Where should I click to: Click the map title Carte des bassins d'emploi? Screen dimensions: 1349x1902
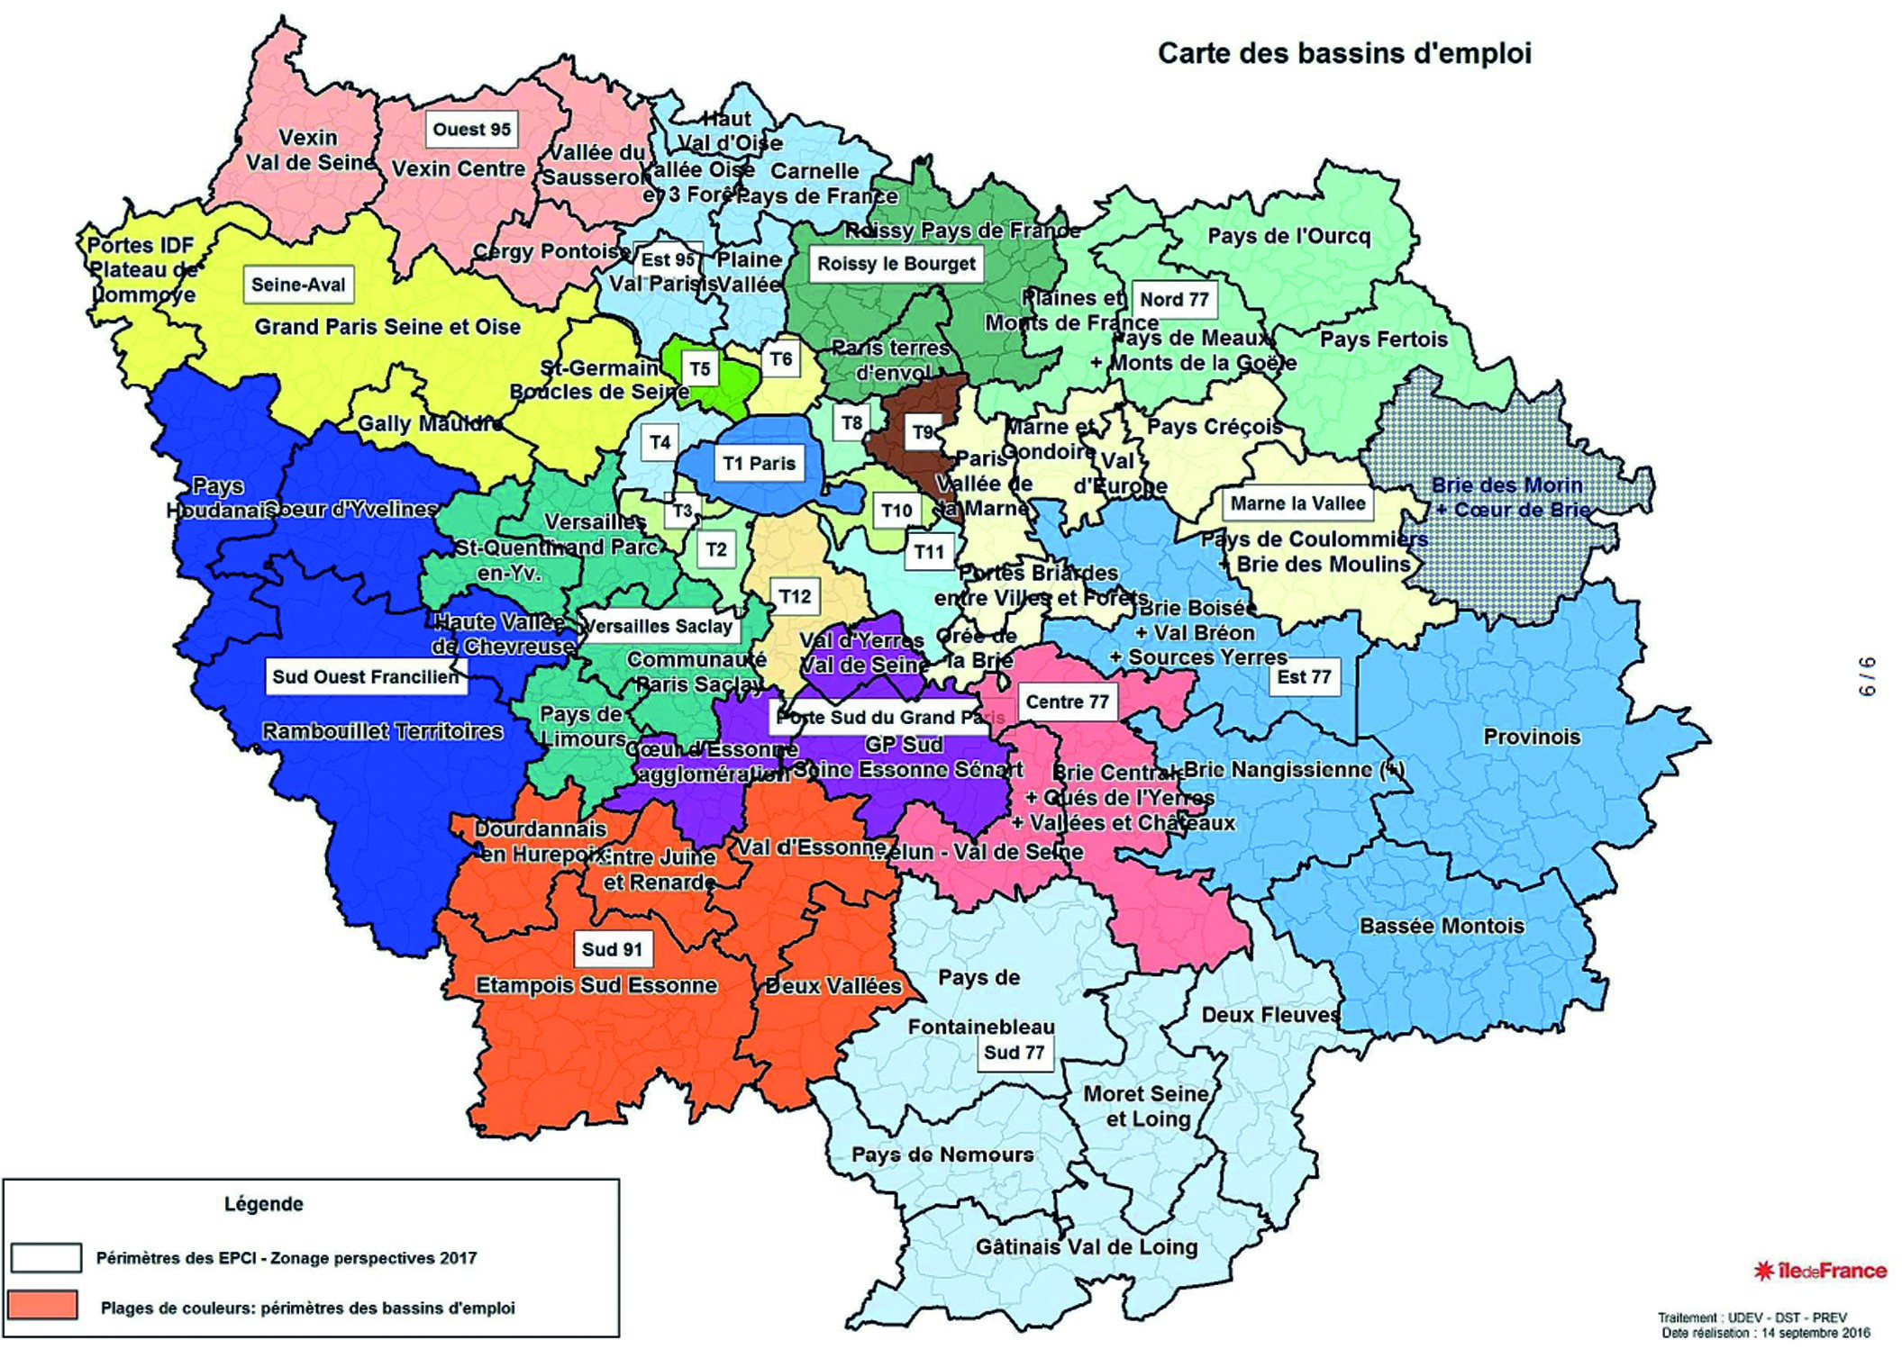pos(1343,54)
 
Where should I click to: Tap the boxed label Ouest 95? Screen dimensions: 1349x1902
pos(471,130)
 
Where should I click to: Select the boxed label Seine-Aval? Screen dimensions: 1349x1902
pos(298,285)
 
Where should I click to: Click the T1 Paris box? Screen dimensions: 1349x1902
pos(760,464)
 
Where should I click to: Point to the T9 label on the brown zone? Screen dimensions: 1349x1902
pos(923,432)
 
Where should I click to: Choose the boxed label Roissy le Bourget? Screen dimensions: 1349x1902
pos(896,264)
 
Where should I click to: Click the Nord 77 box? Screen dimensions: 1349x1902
pos(1173,300)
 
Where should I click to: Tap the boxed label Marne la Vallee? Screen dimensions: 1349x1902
pos(1297,503)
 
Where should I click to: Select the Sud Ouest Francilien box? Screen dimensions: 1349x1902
pos(365,676)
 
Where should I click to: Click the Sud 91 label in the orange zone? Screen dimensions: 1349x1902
pos(612,949)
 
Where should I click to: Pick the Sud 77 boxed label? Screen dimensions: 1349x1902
pos(1014,1053)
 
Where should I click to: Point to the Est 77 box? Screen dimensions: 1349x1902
pos(1303,677)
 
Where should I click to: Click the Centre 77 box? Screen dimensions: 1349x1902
pos(1067,702)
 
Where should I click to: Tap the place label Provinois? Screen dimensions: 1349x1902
pos(1531,738)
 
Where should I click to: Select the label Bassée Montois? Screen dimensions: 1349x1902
pos(1442,926)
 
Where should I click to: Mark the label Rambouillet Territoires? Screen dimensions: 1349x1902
pos(382,731)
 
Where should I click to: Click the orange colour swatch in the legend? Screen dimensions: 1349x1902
pos(42,1306)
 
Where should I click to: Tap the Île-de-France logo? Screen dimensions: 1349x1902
pos(1820,1271)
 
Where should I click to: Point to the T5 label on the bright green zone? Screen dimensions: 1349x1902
pos(699,369)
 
